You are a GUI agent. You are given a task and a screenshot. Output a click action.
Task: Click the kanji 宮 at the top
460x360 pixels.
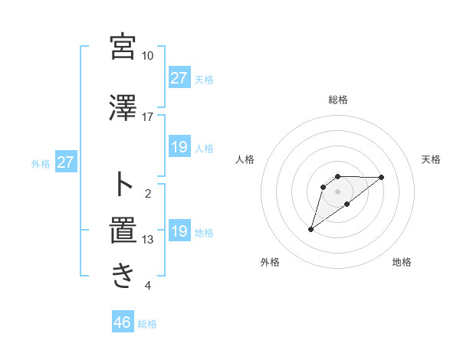pyautogui.click(x=123, y=47)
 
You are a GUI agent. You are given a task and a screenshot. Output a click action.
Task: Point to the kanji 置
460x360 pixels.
pyautogui.click(x=123, y=229)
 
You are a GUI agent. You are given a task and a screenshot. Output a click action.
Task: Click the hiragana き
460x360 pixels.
pyautogui.click(x=123, y=275)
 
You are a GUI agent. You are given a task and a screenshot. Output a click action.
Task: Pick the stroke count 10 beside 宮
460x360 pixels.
pyautogui.click(x=147, y=56)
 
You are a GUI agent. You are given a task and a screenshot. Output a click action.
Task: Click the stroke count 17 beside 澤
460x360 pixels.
pyautogui.click(x=147, y=117)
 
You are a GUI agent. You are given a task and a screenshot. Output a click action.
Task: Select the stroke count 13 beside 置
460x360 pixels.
pyautogui.click(x=147, y=240)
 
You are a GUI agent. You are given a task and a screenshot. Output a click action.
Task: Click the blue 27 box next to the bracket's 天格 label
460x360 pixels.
pyautogui.click(x=179, y=77)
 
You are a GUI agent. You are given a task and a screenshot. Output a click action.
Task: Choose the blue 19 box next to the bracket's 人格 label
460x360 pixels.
pyautogui.click(x=179, y=147)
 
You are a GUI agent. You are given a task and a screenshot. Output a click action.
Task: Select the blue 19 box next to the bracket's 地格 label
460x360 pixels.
pyautogui.click(x=179, y=231)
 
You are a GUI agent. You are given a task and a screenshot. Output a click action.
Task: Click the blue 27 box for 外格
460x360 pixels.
pyautogui.click(x=66, y=162)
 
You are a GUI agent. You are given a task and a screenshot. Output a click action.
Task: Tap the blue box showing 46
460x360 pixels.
pyautogui.click(x=123, y=322)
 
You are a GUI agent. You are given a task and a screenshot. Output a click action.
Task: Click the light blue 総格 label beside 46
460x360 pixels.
pyautogui.click(x=147, y=324)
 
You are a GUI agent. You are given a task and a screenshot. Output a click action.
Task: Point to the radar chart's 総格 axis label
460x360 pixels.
pyautogui.click(x=337, y=100)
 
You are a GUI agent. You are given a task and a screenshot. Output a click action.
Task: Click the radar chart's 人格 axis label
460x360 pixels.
pyautogui.click(x=245, y=159)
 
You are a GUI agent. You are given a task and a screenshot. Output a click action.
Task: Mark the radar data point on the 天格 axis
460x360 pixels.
pyautogui.click(x=382, y=177)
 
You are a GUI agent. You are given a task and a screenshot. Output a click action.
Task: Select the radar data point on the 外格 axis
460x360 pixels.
pyautogui.click(x=310, y=229)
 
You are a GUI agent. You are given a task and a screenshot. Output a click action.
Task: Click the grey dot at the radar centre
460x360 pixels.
pyautogui.click(x=337, y=191)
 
